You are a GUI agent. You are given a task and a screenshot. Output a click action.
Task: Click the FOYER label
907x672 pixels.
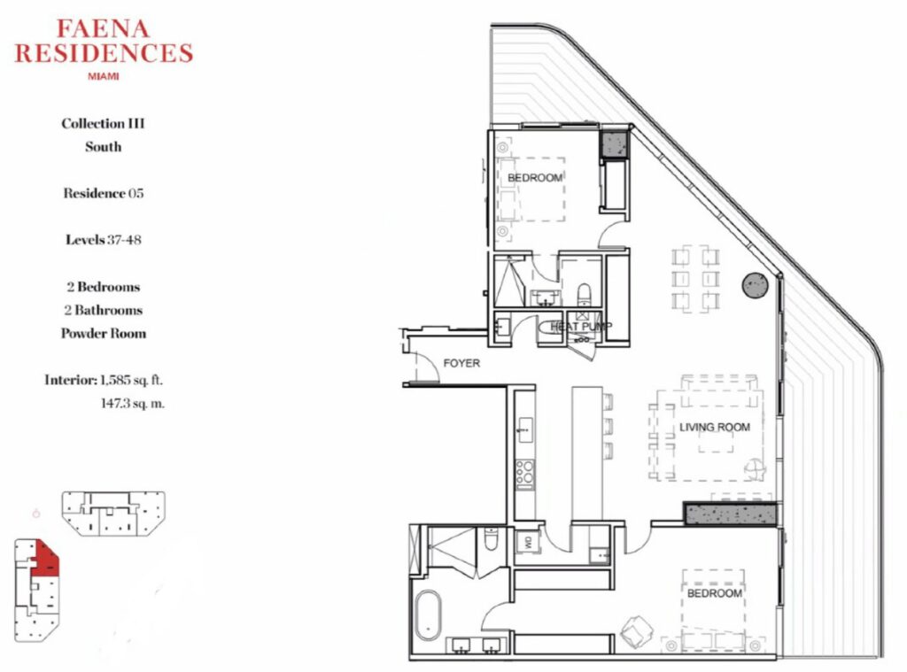tap(461, 363)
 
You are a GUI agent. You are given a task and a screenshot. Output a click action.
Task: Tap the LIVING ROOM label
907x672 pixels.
tap(715, 428)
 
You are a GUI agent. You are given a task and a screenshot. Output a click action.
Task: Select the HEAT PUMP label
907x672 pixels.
tap(581, 327)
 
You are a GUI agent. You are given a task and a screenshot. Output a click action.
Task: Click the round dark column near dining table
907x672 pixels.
tap(756, 285)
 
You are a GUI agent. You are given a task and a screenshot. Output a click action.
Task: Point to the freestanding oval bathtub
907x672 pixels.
tap(428, 615)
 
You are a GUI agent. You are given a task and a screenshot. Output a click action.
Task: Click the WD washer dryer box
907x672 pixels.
tap(528, 542)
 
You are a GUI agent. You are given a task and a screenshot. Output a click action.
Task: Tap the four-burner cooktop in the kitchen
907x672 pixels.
tap(525, 471)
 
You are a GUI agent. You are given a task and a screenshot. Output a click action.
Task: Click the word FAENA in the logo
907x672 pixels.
tap(103, 29)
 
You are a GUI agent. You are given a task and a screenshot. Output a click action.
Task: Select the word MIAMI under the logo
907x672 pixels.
tap(103, 76)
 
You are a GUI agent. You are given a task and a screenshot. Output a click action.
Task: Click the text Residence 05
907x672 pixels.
tap(103, 193)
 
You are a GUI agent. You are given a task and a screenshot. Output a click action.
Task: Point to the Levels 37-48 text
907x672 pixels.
tap(103, 239)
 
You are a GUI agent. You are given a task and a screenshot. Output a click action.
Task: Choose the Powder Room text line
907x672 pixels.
tap(104, 333)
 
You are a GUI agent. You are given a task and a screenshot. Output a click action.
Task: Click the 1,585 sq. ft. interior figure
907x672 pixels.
tap(131, 380)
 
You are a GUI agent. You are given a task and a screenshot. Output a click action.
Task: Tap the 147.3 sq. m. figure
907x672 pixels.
tap(133, 403)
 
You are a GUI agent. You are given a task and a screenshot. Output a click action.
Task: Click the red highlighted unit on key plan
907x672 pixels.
tap(46, 558)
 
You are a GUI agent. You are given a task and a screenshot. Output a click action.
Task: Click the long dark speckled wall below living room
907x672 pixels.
tap(731, 514)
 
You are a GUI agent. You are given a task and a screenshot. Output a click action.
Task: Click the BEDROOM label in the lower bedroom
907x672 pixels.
tap(715, 593)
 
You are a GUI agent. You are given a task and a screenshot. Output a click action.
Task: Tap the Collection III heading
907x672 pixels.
tap(103, 123)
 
